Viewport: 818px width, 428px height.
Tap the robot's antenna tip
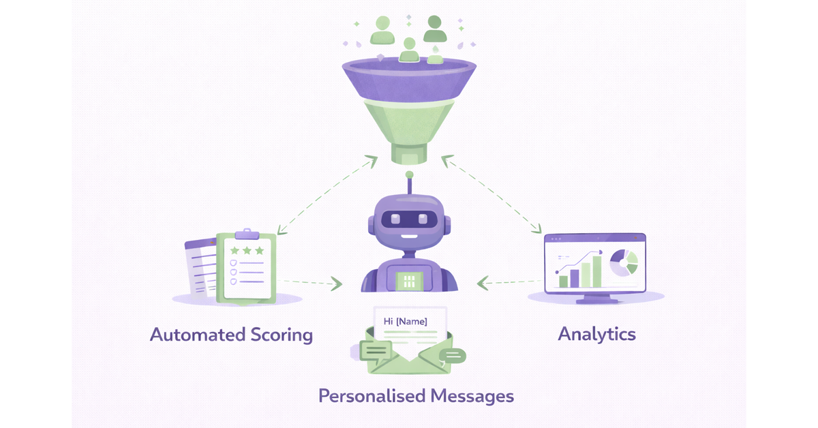click(x=409, y=175)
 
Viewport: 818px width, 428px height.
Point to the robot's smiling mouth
click(x=409, y=236)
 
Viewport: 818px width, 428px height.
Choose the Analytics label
click(x=596, y=334)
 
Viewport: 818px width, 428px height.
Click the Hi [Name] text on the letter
click(x=406, y=320)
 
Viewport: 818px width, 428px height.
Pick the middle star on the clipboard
click(x=247, y=250)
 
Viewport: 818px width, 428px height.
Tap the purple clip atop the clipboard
click(x=246, y=234)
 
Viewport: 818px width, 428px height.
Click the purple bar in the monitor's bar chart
click(x=575, y=277)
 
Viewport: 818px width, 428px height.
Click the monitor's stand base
click(x=597, y=301)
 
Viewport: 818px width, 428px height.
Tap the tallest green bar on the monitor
click(x=598, y=271)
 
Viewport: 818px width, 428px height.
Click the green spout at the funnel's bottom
click(x=409, y=156)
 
